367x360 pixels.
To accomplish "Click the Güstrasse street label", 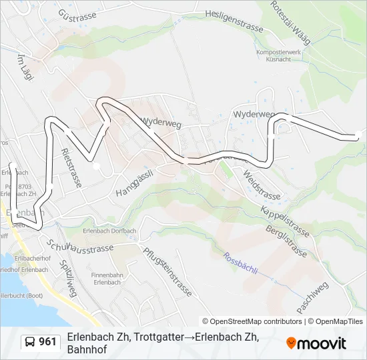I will tap(77, 15).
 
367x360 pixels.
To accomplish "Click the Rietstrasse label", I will tap(71, 167).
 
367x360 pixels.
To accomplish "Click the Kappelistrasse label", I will tap(284, 217).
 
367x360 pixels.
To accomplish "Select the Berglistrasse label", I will tap(286, 239).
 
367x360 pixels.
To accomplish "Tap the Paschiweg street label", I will tap(313, 297).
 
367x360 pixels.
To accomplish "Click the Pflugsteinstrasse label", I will tap(168, 271).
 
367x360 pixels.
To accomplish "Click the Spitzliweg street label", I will tap(67, 279).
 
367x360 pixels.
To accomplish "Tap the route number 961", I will tap(47, 342).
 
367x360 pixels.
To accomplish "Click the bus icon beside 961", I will tap(30, 342).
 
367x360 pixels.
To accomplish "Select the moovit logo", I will tap(316, 343).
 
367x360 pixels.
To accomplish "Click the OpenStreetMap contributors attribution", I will tap(252, 321).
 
